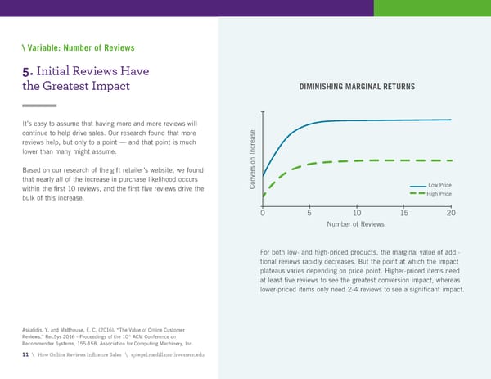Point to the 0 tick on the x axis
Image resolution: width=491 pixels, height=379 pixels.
click(262, 213)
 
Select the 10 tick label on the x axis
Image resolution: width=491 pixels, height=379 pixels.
click(357, 213)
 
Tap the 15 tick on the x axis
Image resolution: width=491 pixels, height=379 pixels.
click(404, 213)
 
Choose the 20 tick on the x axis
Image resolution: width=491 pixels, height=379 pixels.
click(451, 213)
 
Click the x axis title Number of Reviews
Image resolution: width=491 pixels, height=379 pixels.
click(356, 225)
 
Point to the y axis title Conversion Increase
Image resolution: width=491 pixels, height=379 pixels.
click(254, 158)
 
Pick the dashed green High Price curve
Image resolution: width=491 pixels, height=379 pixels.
click(344, 161)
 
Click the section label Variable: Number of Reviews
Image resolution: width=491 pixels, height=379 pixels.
click(78, 48)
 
